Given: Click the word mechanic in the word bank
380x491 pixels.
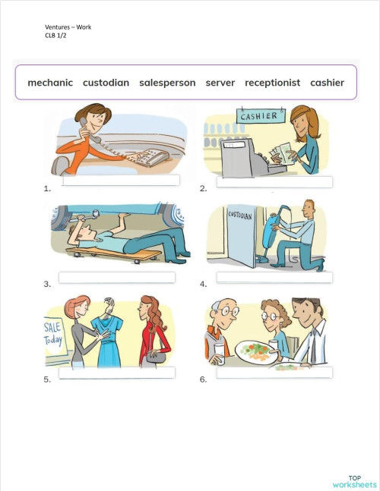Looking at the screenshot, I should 50,83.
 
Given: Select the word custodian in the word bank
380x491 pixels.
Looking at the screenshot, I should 106,83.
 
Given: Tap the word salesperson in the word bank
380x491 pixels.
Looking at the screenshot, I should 167,83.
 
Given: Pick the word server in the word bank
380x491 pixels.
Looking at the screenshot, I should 220,83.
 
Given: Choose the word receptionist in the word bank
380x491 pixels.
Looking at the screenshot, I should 272,83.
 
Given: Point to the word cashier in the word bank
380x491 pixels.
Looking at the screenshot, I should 327,83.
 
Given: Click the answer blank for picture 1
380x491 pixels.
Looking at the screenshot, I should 121,181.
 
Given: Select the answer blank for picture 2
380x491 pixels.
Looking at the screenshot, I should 274,182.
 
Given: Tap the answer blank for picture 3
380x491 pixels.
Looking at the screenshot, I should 116,277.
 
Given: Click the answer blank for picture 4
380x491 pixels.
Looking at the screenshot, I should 274,278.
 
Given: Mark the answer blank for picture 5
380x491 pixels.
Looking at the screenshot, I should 116,373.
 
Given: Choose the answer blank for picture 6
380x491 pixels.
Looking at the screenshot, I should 274,373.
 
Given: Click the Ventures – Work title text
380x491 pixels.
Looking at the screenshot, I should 68,27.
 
